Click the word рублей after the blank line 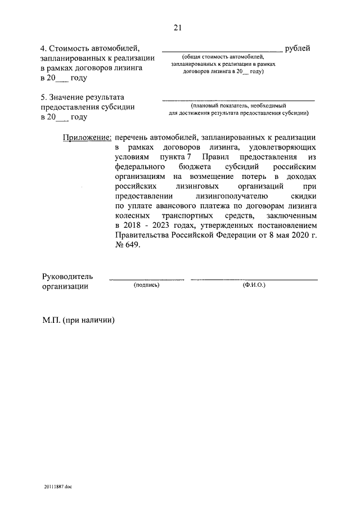point(298,48)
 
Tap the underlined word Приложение point(87,137)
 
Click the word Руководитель point(67,277)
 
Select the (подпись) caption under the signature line point(147,286)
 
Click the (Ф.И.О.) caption point(254,286)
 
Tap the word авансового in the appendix point(177,206)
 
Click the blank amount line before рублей point(222,51)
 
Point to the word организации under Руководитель point(65,286)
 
